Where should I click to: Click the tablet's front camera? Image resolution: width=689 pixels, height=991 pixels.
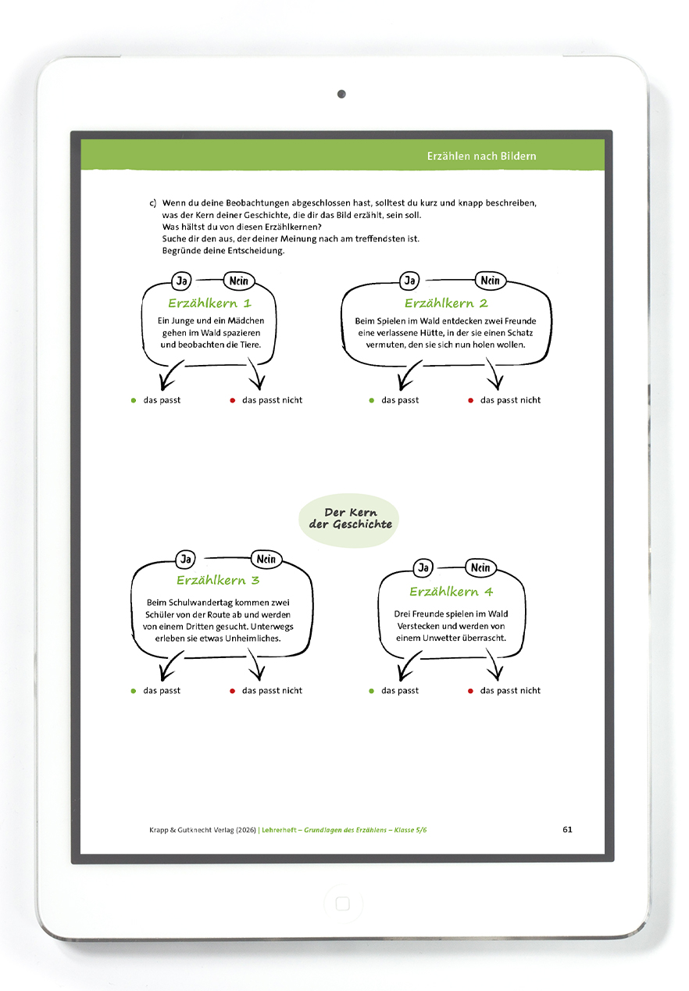341,94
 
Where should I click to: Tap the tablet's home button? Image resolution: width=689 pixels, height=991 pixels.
342,904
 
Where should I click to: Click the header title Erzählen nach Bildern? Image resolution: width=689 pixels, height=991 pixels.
481,156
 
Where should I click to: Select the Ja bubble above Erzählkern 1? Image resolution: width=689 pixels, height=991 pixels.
182,281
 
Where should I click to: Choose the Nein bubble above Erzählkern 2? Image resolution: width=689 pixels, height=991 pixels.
490,281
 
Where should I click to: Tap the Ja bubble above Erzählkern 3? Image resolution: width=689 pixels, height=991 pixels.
186,559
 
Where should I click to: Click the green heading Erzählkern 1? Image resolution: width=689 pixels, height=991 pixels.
210,303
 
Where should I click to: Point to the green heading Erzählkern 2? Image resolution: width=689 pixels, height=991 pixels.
446,303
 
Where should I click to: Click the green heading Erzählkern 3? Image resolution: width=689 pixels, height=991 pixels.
218,581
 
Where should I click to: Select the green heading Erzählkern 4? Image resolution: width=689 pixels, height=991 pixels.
451,592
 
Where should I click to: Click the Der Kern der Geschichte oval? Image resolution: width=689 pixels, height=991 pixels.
348,518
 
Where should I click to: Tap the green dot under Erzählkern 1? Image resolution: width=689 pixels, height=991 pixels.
133,400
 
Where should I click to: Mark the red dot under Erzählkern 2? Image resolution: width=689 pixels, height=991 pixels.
471,400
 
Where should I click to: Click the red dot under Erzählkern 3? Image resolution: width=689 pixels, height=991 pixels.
232,691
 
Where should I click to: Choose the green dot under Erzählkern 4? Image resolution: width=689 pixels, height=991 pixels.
371,691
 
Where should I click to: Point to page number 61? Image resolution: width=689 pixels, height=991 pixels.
567,829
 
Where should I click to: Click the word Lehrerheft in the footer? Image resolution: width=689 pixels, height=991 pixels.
282,829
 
